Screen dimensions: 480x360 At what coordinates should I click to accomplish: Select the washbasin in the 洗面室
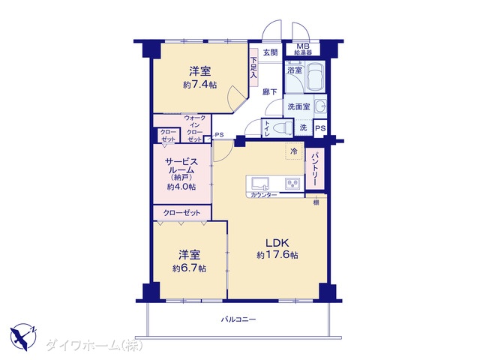pos(320,106)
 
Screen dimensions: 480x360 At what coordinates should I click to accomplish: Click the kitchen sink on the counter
pos(260,183)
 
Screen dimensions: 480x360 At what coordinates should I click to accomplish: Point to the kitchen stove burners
pos(292,184)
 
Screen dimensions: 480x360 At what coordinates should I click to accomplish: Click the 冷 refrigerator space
pos(294,151)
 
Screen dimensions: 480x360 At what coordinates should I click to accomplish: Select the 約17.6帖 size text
pos(277,255)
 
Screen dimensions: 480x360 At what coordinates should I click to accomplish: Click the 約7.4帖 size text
pos(200,85)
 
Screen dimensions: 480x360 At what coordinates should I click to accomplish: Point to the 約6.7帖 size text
pos(189,268)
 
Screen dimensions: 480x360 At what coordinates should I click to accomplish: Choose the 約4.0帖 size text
pos(181,187)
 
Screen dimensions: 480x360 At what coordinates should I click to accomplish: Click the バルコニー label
pos(238,320)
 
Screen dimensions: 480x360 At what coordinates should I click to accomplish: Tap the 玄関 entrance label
pos(271,52)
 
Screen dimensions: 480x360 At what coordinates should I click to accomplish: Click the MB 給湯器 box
pos(303,49)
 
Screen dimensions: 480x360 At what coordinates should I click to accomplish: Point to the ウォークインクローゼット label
pos(195,128)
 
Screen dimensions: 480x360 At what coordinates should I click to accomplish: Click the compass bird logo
pos(23,337)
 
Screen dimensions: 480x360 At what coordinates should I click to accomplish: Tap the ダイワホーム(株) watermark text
pos(94,346)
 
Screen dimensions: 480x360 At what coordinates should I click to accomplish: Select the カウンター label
pos(264,195)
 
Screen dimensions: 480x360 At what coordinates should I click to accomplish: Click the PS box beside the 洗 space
pos(320,128)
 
